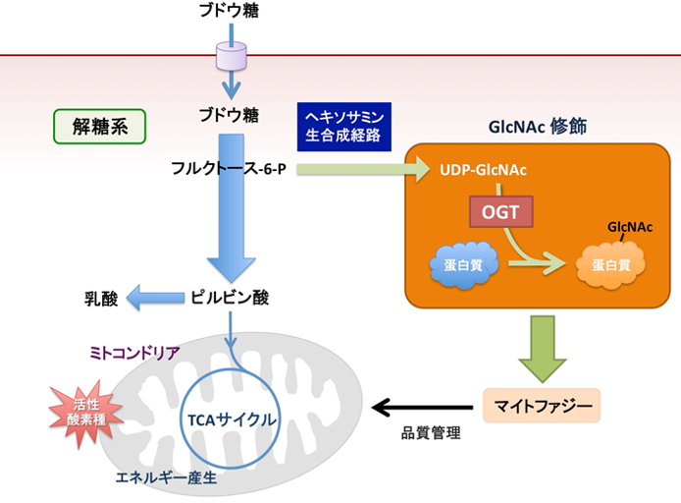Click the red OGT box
499,210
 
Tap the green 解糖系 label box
97,126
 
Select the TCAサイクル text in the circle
231,419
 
